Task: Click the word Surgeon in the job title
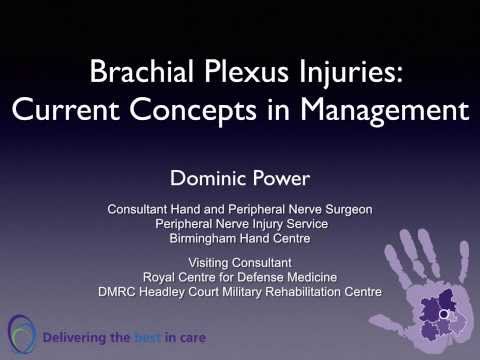coord(346,209)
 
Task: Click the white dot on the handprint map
coord(443,315)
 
